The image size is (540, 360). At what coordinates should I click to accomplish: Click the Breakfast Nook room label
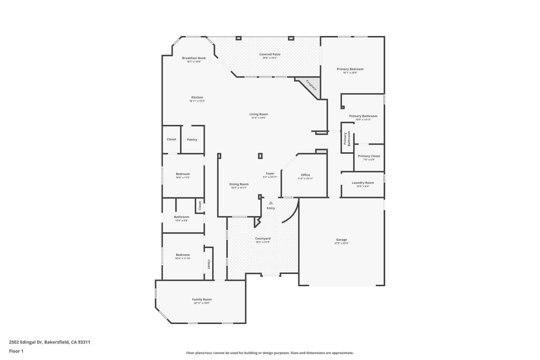pos(194,58)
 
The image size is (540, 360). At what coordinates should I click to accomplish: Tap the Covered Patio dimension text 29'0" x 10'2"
pos(270,58)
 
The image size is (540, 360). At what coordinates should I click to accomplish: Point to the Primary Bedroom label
pos(350,69)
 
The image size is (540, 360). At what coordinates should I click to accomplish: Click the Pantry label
pos(192,140)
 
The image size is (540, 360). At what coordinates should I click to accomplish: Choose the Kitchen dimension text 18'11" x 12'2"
pos(197,101)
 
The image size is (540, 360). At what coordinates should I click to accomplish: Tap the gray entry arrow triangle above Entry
pos(271,203)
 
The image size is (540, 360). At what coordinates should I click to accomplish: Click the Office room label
pos(305,175)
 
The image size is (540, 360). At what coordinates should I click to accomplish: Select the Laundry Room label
pos(363,183)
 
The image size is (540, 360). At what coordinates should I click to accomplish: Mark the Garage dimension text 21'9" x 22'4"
pos(341,243)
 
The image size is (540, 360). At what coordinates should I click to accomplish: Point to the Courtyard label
pos(263,239)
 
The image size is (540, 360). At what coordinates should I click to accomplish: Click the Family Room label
pos(202,300)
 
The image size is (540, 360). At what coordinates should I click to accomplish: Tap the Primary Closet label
pos(369,156)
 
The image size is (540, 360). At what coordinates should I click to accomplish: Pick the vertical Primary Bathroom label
pos(347,138)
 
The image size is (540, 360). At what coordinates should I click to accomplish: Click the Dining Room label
pos(239,184)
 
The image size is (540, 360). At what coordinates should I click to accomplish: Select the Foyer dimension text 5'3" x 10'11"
pos(270,177)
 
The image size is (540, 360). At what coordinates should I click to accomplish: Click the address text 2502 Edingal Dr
pos(26,342)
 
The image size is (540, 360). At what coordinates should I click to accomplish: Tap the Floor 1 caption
pos(16,351)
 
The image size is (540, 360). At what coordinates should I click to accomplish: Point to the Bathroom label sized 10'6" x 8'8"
pos(181,217)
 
